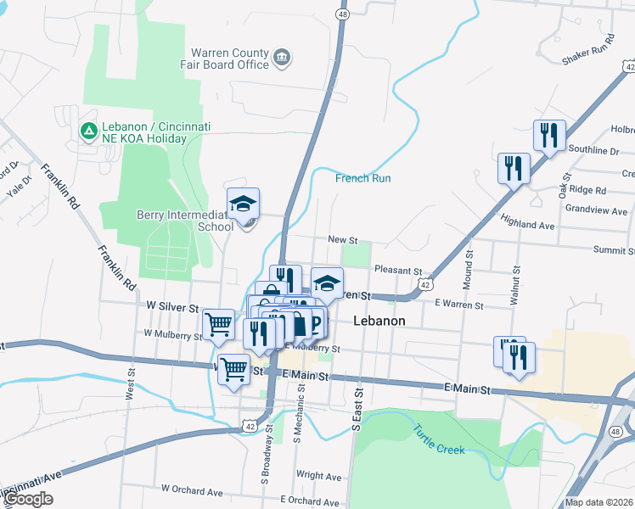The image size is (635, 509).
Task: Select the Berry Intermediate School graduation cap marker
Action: click(243, 204)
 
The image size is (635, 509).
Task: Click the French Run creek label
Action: click(362, 178)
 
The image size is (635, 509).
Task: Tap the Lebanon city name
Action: click(379, 322)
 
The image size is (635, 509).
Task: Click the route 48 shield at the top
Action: click(341, 14)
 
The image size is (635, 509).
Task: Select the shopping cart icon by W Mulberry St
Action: click(219, 323)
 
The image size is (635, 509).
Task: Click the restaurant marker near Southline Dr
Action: click(549, 135)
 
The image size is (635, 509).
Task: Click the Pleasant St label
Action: click(398, 270)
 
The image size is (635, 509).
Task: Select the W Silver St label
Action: click(172, 305)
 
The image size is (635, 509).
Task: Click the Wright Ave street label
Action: click(318, 476)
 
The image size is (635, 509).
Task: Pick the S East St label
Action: click(357, 410)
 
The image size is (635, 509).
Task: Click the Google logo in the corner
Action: click(29, 499)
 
